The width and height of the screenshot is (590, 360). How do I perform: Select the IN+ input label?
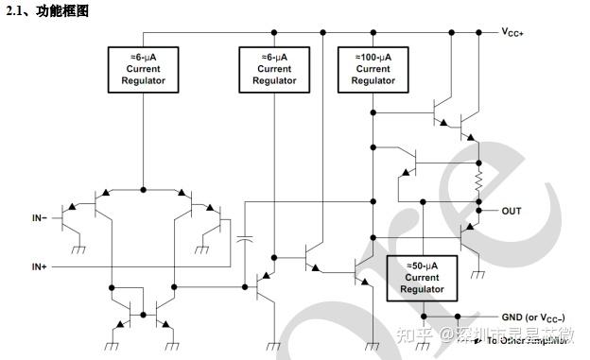(x=40, y=267)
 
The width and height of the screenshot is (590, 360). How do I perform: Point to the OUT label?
(x=512, y=211)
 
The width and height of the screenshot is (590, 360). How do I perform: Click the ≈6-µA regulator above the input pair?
(x=142, y=68)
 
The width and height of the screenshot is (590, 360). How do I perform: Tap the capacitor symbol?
(x=245, y=239)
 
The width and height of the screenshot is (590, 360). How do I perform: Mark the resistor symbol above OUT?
(x=479, y=179)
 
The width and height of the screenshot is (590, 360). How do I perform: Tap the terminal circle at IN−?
(x=55, y=218)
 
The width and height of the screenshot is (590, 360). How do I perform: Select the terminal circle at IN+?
(x=55, y=267)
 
